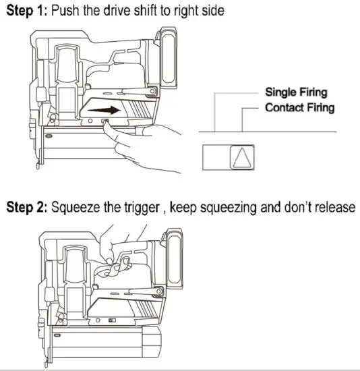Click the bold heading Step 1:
click(26, 11)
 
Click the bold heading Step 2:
click(28, 207)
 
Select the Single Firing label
click(296, 92)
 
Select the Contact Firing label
click(299, 107)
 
